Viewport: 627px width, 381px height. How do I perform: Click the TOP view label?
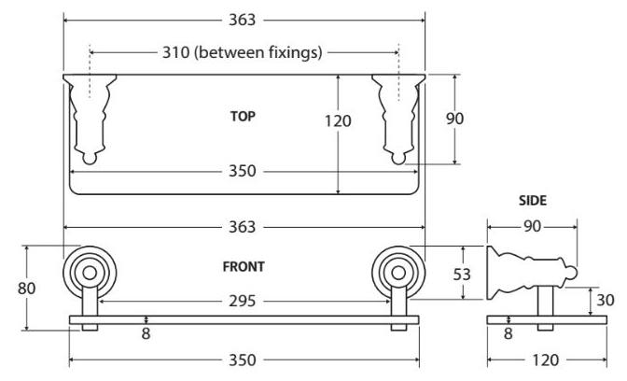tap(243, 117)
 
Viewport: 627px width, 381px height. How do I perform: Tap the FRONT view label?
tap(244, 266)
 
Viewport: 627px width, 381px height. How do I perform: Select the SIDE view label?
tap(533, 200)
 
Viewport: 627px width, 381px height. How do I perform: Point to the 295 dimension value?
tap(244, 302)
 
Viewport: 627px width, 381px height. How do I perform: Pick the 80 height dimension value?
tap(27, 288)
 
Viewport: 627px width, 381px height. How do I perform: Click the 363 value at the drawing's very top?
tap(244, 18)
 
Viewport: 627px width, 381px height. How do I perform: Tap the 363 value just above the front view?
tap(244, 227)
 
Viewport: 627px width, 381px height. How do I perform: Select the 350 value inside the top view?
tap(244, 171)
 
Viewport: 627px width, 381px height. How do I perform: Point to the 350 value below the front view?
tap(244, 360)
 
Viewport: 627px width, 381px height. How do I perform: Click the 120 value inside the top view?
tap(339, 120)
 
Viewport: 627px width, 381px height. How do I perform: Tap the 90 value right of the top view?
tap(455, 118)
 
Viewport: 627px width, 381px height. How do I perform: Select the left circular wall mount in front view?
tap(90, 273)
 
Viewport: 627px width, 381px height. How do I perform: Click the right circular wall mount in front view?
tap(397, 273)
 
